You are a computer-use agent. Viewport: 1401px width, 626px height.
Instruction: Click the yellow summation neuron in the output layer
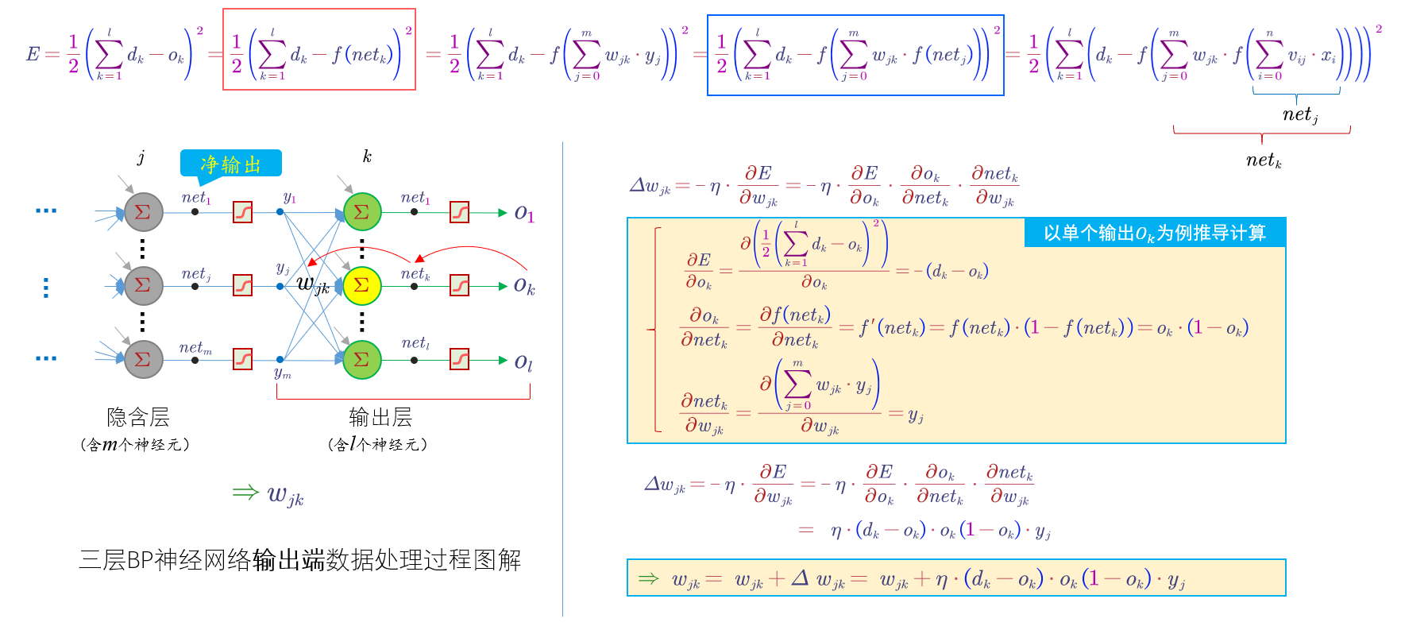pyautogui.click(x=362, y=285)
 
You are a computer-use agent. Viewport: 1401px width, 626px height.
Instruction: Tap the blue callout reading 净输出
pyautogui.click(x=230, y=164)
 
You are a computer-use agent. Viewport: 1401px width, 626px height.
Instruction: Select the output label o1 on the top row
pyautogui.click(x=524, y=213)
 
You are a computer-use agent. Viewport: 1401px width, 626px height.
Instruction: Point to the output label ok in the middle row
pyautogui.click(x=524, y=285)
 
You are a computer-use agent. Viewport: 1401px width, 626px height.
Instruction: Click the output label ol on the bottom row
pyautogui.click(x=523, y=362)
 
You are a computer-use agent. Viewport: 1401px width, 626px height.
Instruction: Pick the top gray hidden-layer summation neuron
pyautogui.click(x=144, y=212)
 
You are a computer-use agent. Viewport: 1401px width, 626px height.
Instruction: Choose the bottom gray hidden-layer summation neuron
pyautogui.click(x=144, y=359)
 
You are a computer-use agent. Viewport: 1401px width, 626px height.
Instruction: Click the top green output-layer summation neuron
pyautogui.click(x=362, y=212)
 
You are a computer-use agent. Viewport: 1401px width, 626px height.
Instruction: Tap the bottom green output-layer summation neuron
pyautogui.click(x=362, y=359)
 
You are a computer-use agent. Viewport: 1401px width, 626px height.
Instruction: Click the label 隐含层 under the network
pyautogui.click(x=138, y=417)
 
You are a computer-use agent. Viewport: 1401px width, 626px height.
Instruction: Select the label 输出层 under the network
pyautogui.click(x=380, y=417)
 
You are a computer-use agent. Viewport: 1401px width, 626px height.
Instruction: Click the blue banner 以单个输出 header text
pyautogui.click(x=1154, y=233)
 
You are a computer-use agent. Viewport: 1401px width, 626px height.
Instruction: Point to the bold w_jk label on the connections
pyautogui.click(x=313, y=284)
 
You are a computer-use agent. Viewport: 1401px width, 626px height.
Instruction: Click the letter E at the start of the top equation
pyautogui.click(x=33, y=54)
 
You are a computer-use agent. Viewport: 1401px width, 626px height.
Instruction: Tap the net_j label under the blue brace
pyautogui.click(x=1300, y=115)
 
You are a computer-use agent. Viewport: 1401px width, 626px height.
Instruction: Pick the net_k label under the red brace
pyautogui.click(x=1264, y=160)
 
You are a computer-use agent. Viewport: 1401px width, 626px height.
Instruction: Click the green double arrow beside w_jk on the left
pyautogui.click(x=245, y=493)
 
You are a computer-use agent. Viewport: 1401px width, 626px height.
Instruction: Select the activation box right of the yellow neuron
pyautogui.click(x=460, y=285)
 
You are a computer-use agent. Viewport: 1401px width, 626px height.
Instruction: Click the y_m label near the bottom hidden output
pyautogui.click(x=283, y=373)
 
